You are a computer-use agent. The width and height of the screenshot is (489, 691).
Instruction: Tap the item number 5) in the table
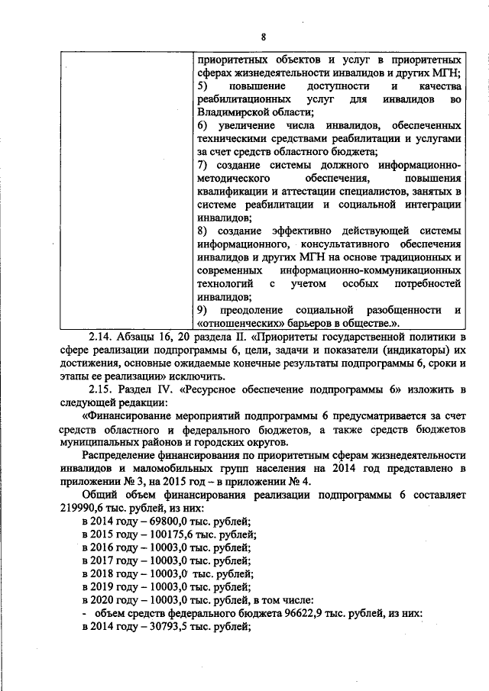tap(201, 86)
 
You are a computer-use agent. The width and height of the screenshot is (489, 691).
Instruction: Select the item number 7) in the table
tap(201, 165)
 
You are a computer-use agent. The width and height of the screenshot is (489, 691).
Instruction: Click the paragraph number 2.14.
tap(101, 336)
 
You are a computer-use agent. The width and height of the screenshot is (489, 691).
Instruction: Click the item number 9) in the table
tap(201, 309)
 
